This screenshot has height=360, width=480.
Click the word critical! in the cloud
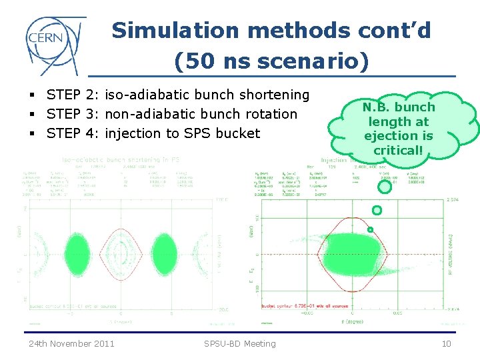pyautogui.click(x=398, y=150)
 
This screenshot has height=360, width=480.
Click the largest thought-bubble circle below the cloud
pyautogui.click(x=384, y=187)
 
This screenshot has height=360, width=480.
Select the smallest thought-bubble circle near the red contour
pyautogui.click(x=370, y=230)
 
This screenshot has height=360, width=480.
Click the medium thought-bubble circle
pyautogui.click(x=377, y=211)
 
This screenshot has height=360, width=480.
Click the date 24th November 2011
pyautogui.click(x=71, y=343)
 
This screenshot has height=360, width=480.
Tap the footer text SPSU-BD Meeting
pyautogui.click(x=240, y=343)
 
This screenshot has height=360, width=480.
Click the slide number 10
pyautogui.click(x=446, y=343)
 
